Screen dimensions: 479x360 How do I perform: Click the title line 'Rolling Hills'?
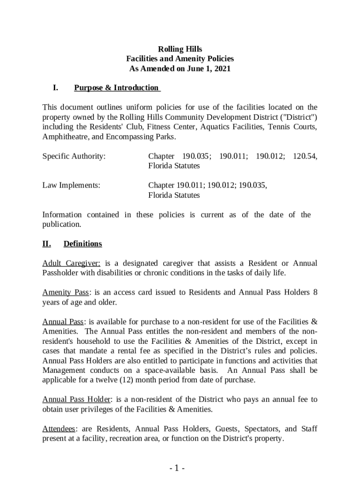coord(180,49)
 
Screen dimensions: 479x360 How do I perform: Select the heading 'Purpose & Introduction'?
coord(116,88)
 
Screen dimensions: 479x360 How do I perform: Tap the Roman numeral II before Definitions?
coord(47,244)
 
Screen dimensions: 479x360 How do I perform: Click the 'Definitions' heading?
coord(83,244)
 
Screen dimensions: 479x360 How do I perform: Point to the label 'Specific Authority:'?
coord(74,156)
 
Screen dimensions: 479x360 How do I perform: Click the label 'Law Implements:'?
coord(72,185)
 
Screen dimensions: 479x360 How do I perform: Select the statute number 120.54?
coord(305,156)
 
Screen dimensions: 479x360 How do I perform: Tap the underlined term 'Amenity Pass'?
coord(65,292)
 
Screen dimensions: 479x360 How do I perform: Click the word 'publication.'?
coord(62,225)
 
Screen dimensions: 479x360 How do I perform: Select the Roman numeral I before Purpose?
coord(55,88)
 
